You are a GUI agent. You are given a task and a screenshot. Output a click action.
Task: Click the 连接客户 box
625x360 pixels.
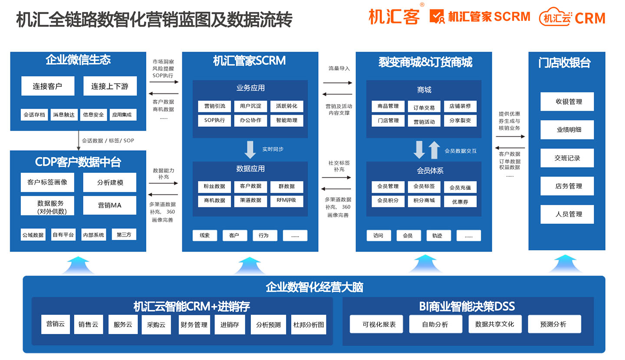pos(48,86)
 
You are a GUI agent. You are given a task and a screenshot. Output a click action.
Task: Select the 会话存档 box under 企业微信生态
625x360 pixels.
pos(34,115)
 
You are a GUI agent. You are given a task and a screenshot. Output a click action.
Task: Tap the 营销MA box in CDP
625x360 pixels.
pos(109,205)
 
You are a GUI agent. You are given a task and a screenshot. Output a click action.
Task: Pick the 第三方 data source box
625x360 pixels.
pos(124,234)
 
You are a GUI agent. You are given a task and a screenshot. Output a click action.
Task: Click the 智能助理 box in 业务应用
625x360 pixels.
pos(286,120)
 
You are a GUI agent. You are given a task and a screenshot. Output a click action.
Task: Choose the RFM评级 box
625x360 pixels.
pos(286,200)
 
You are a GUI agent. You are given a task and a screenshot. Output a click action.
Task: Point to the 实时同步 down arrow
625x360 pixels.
pos(250,149)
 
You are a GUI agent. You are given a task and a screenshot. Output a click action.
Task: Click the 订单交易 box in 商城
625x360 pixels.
pos(423,107)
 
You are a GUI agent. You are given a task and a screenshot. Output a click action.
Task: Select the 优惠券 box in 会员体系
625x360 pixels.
pos(460,201)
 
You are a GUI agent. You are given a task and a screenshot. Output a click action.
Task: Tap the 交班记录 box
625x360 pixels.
pos(567,158)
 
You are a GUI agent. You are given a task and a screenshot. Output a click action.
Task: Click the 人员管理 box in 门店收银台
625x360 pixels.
pos(567,214)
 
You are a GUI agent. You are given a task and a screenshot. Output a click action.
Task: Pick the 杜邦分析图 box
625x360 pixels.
pos(309,324)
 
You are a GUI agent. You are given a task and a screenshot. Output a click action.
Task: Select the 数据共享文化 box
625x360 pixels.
pos(495,324)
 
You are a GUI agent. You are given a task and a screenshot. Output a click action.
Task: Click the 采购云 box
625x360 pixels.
pos(156,324)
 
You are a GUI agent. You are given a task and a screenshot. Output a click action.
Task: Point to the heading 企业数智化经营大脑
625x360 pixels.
pos(314,287)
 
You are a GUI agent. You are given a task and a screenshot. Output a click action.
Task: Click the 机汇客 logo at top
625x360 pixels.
pos(395,17)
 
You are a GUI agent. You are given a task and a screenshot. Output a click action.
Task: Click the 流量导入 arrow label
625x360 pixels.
pos(339,69)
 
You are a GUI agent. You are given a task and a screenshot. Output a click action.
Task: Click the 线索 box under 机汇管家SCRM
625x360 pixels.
pos(205,235)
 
